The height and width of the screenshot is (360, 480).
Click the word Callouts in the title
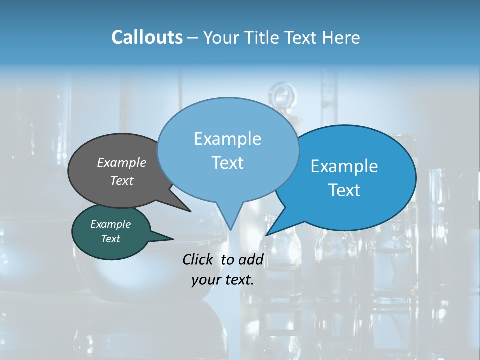point(147,37)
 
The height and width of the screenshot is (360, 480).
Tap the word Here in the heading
point(342,37)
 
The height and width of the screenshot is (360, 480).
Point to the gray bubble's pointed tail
point(189,210)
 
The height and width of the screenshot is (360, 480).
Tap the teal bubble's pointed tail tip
point(172,239)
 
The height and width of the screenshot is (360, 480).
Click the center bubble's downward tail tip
point(230,229)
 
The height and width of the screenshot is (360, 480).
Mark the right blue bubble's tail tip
point(267,234)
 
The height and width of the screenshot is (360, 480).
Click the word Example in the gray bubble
point(122,162)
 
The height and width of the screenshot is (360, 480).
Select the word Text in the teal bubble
point(111,239)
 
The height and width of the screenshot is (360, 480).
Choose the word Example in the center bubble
point(227,139)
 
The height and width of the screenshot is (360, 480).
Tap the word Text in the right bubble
point(344,190)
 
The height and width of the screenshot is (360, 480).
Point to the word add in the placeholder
point(251,259)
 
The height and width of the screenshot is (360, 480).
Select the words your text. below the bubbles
point(223,280)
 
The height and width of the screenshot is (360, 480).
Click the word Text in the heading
point(302,37)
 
